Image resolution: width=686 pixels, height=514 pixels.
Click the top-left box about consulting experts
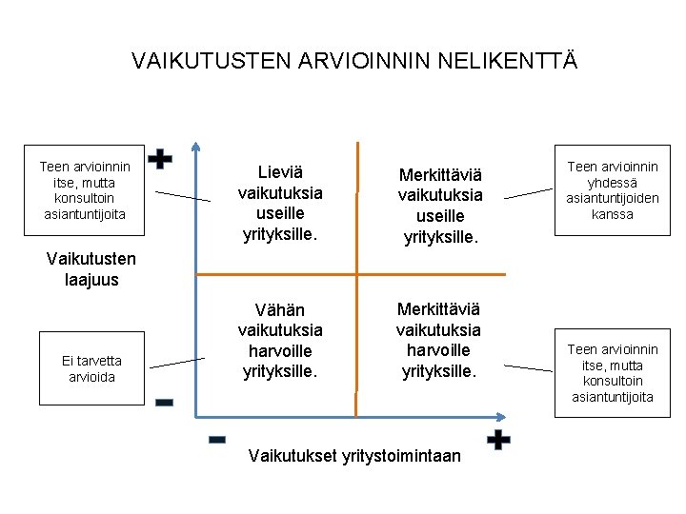tap(85, 190)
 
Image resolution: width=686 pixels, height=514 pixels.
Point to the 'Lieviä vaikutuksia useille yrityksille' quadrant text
tap(280, 202)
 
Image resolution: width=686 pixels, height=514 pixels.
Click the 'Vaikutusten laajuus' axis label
tap(91, 269)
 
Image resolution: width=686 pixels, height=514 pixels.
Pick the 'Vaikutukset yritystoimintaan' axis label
tap(353, 456)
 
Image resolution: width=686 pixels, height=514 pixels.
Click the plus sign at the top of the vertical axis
tap(162, 159)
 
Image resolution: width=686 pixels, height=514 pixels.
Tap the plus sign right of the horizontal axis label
tap(497, 440)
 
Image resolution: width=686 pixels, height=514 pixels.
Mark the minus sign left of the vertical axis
tap(164, 404)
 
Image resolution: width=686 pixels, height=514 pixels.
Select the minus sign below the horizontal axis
tap(216, 440)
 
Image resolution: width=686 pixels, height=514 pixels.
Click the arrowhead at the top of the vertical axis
tap(195, 148)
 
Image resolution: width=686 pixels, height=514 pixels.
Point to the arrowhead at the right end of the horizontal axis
tap(502, 416)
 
